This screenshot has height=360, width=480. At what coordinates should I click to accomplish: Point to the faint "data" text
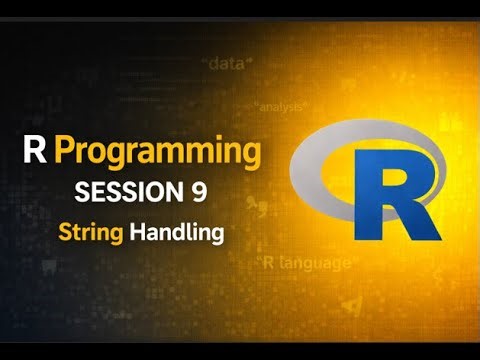point(229,64)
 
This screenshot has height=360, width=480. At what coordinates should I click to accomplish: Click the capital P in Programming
point(66,153)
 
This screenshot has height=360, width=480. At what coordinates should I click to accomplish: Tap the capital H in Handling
point(139,232)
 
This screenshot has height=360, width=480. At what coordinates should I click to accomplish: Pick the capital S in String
point(65,232)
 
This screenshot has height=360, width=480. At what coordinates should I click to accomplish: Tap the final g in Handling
point(214,236)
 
